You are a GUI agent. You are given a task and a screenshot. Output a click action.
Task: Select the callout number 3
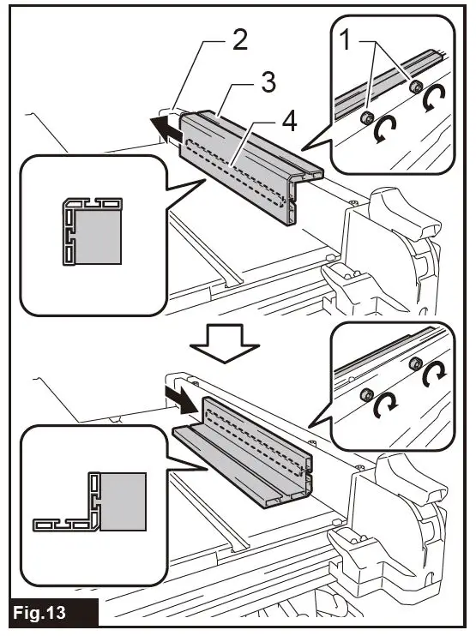click(268, 83)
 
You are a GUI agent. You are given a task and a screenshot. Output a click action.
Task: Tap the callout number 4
click(289, 123)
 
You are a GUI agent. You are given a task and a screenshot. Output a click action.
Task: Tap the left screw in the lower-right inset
click(366, 393)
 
